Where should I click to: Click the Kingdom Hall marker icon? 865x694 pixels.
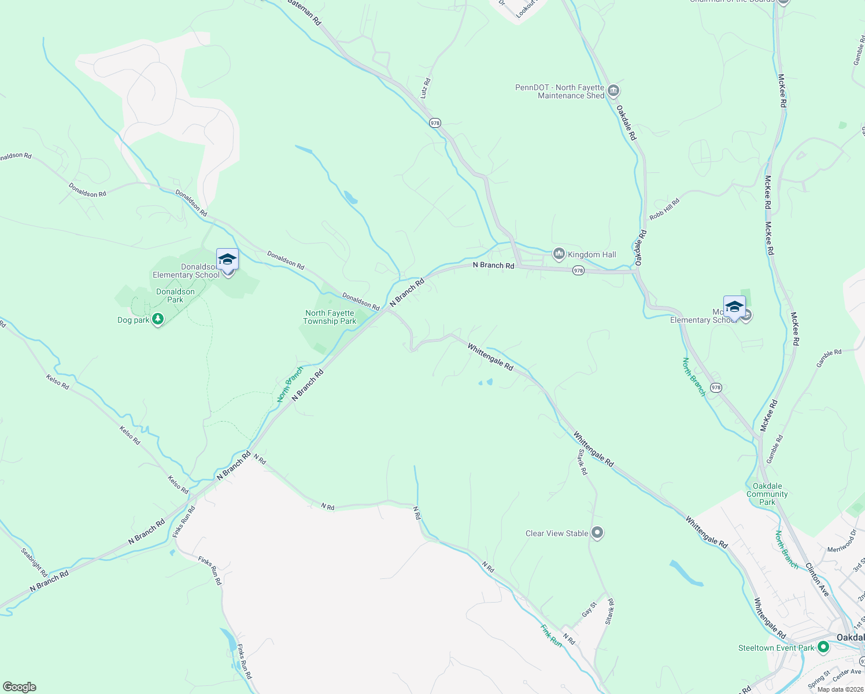point(559,254)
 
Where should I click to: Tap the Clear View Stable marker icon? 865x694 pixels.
point(597,533)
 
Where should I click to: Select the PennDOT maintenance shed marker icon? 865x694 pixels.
point(613,91)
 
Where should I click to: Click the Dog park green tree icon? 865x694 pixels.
point(157,319)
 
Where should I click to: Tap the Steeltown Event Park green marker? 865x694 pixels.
point(823,647)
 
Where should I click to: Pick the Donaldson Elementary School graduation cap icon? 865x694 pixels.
point(227,260)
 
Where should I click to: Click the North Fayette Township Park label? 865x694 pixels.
point(330,317)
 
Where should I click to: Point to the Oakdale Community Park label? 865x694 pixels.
point(767,494)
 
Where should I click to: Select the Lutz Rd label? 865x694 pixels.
point(426,88)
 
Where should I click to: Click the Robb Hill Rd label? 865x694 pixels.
point(664,209)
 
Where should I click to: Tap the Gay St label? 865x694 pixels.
point(589,609)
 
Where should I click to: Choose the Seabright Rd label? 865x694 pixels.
point(34,562)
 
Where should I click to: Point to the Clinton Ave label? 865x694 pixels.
point(818,580)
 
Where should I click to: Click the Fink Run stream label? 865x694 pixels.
point(551,635)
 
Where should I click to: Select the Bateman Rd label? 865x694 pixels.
point(304,12)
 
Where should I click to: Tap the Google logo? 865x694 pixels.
point(19,687)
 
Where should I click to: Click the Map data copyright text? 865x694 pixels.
point(840,689)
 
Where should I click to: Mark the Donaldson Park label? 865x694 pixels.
point(175,296)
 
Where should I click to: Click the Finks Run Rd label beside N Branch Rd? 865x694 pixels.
point(184,522)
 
